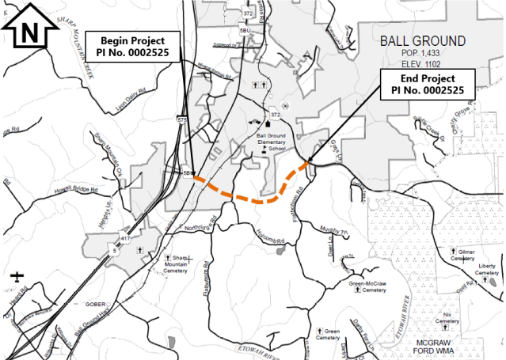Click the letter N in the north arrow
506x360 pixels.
pyautogui.click(x=29, y=32)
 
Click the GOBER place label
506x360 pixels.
pyautogui.click(x=96, y=304)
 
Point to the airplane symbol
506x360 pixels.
pyautogui.click(x=17, y=277)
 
